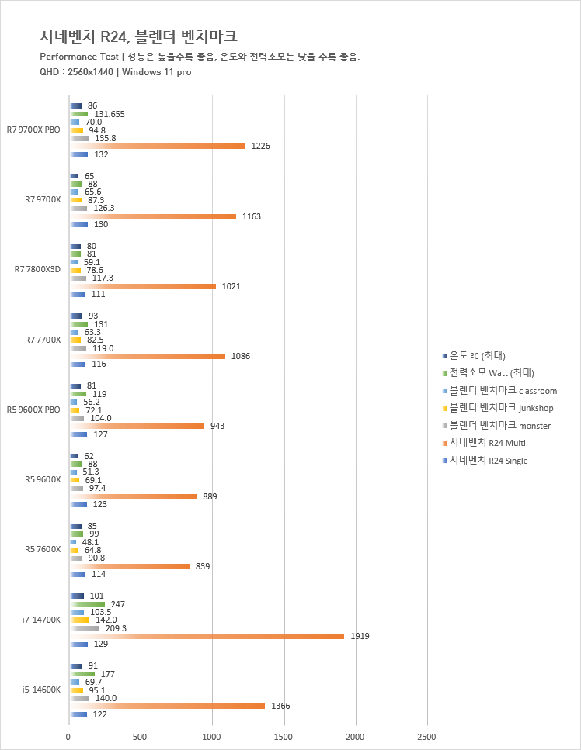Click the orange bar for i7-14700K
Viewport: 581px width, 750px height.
207,636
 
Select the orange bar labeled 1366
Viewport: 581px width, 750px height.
167,706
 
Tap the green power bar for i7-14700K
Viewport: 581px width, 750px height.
87,603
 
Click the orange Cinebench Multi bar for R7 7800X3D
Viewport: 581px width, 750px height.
143,286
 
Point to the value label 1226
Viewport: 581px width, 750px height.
260,146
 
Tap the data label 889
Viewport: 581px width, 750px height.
210,496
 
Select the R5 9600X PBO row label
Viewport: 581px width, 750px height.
33,410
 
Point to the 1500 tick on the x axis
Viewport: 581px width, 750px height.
284,736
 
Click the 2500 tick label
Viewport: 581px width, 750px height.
426,736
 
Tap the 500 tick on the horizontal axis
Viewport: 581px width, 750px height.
140,736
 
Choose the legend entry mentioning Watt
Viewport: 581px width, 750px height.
482,373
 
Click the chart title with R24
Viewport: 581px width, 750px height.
139,36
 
